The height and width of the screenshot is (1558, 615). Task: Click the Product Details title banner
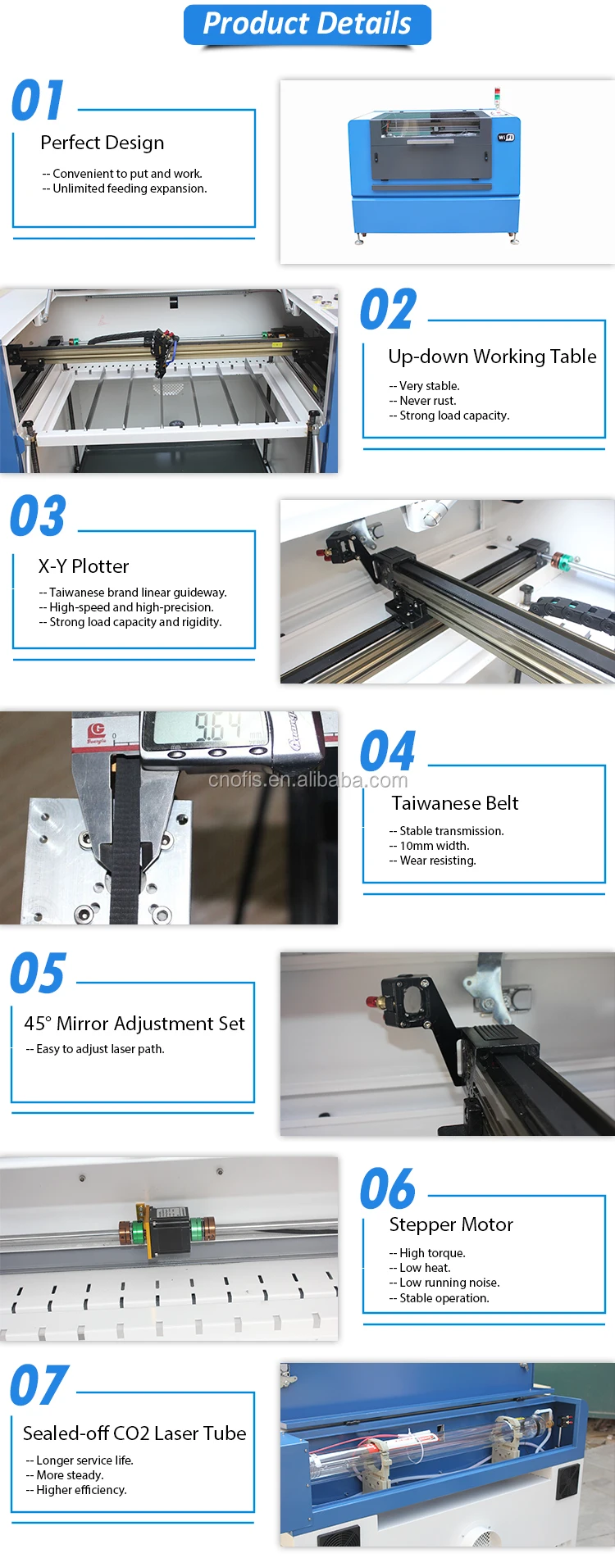click(x=307, y=25)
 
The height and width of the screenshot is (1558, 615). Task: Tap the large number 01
click(x=38, y=101)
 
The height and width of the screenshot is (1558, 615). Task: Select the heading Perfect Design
click(x=102, y=143)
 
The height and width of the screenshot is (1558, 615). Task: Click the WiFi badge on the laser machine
click(x=506, y=137)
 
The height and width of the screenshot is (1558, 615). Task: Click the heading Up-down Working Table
click(x=492, y=357)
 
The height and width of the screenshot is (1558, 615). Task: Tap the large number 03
click(x=38, y=516)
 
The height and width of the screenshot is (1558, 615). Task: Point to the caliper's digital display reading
click(x=217, y=727)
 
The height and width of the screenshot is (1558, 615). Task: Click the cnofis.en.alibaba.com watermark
click(x=307, y=779)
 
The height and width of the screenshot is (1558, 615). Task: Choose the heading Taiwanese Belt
click(x=455, y=803)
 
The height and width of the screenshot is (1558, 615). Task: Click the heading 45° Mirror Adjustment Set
click(x=134, y=1024)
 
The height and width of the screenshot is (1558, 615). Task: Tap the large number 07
click(x=38, y=1386)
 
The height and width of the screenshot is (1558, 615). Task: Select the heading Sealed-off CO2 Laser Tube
click(x=134, y=1433)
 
